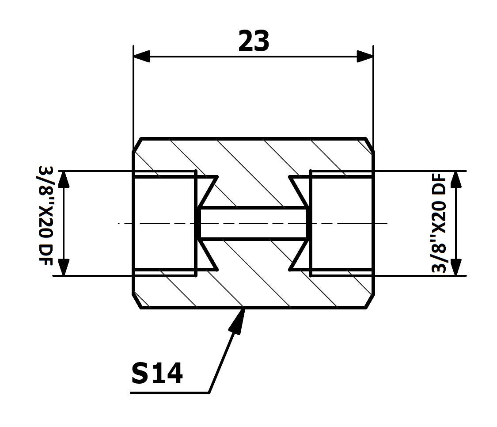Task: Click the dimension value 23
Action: pyautogui.click(x=254, y=41)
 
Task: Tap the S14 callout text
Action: pyautogui.click(x=157, y=373)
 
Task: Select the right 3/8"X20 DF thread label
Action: pyautogui.click(x=439, y=222)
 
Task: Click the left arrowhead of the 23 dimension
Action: pyautogui.click(x=142, y=57)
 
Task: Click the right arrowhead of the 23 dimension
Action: pyautogui.click(x=365, y=57)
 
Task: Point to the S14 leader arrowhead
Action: pyautogui.click(x=238, y=320)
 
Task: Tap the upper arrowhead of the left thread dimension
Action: pyautogui.click(x=64, y=179)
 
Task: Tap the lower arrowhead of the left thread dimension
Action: pyautogui.click(x=64, y=267)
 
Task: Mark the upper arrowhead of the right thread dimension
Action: pyautogui.click(x=456, y=179)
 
